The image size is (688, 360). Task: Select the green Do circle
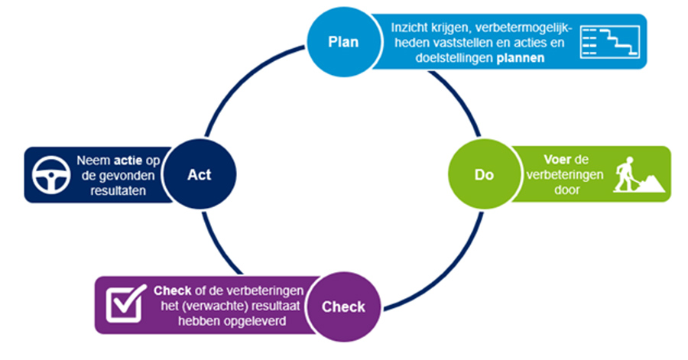click(x=483, y=174)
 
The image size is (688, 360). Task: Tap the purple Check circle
click(x=342, y=307)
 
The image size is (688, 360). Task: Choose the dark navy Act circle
click(x=199, y=174)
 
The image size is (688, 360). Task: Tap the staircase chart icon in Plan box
click(x=610, y=41)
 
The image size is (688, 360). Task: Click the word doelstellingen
click(x=448, y=58)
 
